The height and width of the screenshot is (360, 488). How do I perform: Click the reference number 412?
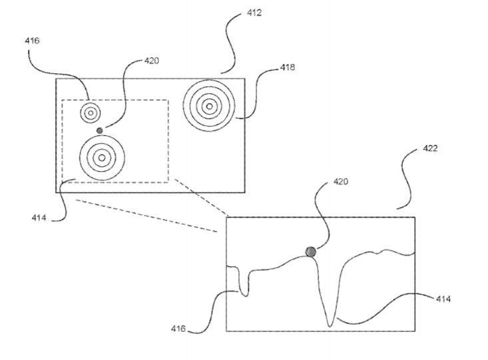pyautogui.click(x=254, y=13)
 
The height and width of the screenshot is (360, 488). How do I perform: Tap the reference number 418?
pyautogui.click(x=287, y=67)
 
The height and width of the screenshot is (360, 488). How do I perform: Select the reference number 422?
pyautogui.click(x=430, y=148)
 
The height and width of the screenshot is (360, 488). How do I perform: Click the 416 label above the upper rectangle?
pyautogui.click(x=33, y=41)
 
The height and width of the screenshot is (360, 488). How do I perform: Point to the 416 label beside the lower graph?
pyautogui.click(x=178, y=329)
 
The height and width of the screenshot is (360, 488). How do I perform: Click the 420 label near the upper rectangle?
pyautogui.click(x=152, y=61)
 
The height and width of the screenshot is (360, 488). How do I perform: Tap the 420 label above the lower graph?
pyautogui.click(x=341, y=182)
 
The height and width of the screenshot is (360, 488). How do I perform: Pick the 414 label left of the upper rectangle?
pyautogui.click(x=39, y=218)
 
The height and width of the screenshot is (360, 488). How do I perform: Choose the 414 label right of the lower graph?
pyautogui.click(x=443, y=299)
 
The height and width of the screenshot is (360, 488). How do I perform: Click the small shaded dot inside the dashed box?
pyautogui.click(x=100, y=130)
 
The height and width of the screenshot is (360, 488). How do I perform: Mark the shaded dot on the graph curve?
pyautogui.click(x=311, y=252)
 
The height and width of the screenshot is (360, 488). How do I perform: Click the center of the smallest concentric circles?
pyautogui.click(x=91, y=113)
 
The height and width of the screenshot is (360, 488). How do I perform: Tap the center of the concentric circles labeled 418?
pyautogui.click(x=209, y=106)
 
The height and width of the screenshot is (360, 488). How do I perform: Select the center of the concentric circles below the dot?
pyautogui.click(x=102, y=158)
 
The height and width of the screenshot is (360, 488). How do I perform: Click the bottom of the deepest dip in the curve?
pyautogui.click(x=330, y=327)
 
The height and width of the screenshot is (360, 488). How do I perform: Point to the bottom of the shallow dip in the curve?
pyautogui.click(x=246, y=296)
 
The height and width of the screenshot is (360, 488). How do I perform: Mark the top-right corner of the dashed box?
pyautogui.click(x=168, y=100)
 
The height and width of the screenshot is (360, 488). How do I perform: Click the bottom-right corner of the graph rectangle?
pyautogui.click(x=415, y=331)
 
